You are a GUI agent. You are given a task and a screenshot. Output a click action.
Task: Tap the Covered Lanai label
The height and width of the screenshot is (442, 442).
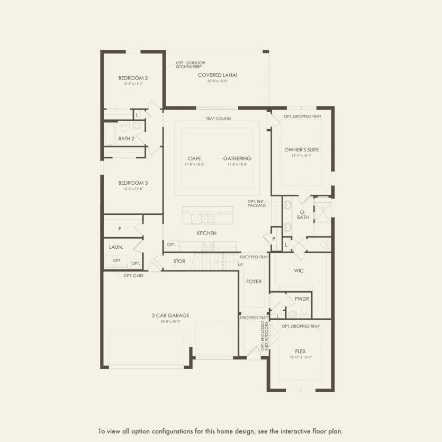click(217, 75)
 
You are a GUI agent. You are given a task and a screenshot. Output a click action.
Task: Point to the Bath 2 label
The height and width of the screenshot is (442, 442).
click(126, 139)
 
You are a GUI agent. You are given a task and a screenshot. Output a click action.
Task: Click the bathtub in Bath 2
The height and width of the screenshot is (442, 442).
click(110, 134)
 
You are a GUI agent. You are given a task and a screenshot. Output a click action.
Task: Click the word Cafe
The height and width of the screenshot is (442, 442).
click(194, 158)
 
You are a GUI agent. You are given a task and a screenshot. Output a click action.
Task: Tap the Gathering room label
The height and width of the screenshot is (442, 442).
click(237, 158)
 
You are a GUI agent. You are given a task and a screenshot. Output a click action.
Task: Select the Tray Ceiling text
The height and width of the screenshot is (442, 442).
click(218, 119)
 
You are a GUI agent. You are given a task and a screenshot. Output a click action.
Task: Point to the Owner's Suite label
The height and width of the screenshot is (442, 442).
click(301, 149)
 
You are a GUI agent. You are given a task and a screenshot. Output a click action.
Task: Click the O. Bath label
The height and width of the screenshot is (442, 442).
click(303, 214)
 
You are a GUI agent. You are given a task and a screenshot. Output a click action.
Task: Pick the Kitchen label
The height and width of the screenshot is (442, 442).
click(206, 233)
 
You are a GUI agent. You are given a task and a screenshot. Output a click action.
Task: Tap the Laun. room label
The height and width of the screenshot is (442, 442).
click(116, 247)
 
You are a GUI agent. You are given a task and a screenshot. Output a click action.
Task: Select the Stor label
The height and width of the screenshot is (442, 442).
click(179, 261)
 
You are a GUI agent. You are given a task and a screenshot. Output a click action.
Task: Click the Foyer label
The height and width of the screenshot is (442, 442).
click(254, 282)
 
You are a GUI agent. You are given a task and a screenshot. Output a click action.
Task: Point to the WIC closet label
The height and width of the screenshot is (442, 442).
click(299, 270)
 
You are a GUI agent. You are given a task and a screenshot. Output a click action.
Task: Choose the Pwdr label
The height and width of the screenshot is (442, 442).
click(302, 299)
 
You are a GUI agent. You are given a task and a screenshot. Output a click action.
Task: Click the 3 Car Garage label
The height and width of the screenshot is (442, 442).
click(170, 315)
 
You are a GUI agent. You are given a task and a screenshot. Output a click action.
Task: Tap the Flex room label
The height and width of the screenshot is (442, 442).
click(300, 351)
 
